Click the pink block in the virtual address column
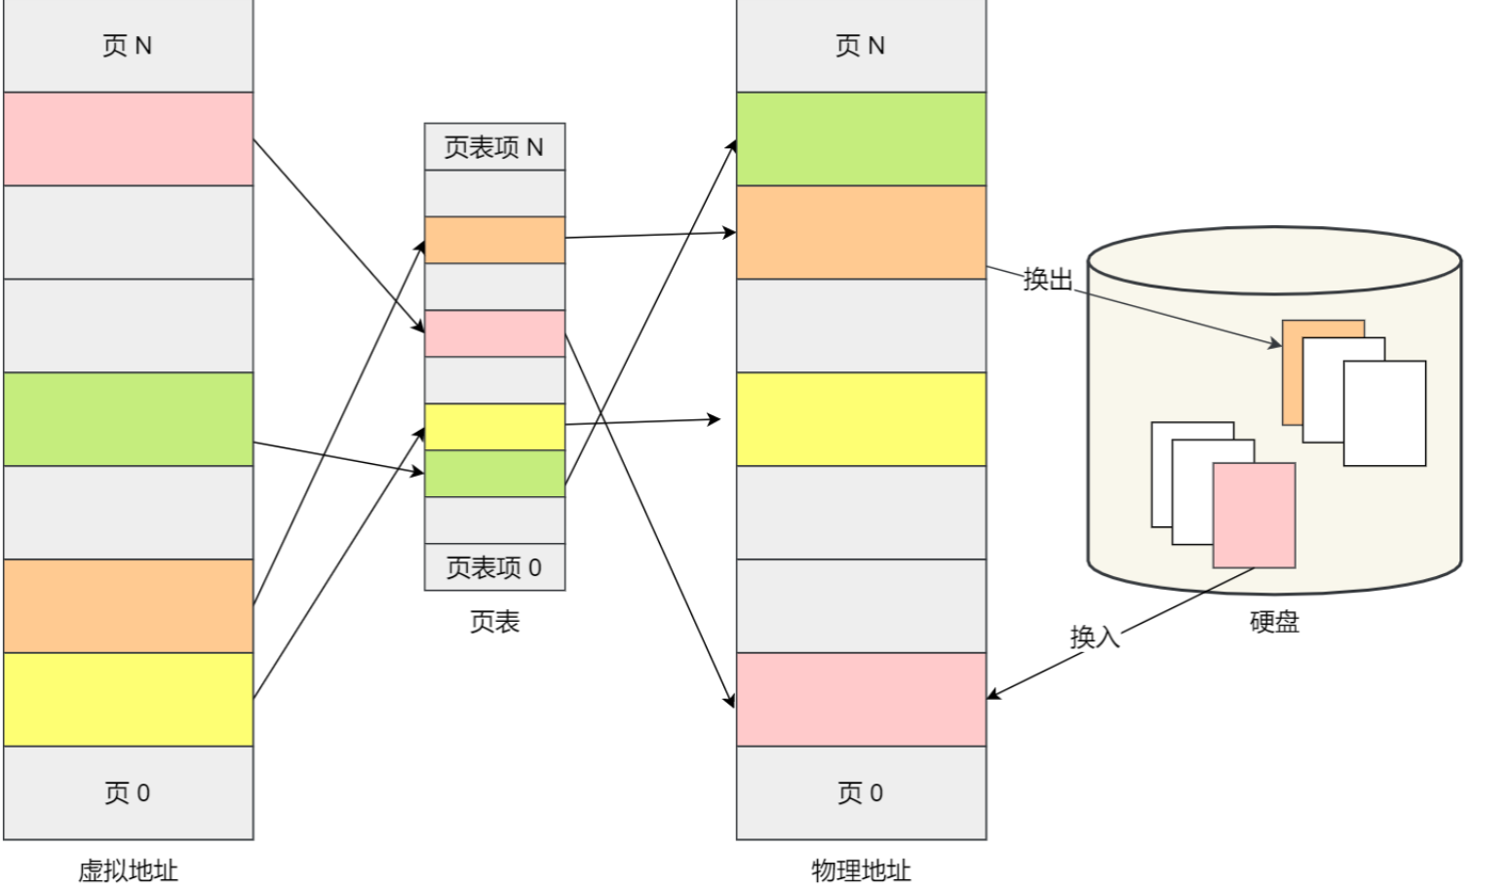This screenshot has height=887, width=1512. pyautogui.click(x=128, y=138)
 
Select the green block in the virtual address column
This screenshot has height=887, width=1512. pyautogui.click(x=128, y=419)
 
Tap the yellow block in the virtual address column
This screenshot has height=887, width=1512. pyautogui.click(x=128, y=699)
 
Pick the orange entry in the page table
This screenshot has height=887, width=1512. pyautogui.click(x=494, y=240)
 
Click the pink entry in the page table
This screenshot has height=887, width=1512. pyautogui.click(x=494, y=333)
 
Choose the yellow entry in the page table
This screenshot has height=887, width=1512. pyautogui.click(x=494, y=427)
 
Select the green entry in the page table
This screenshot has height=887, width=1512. pyautogui.click(x=494, y=474)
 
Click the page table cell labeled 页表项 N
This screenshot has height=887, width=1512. pyautogui.click(x=494, y=147)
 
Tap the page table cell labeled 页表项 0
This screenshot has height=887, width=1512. pyautogui.click(x=494, y=567)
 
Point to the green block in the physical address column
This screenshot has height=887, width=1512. pyautogui.click(x=861, y=138)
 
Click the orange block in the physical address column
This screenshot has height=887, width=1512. pyautogui.click(x=861, y=232)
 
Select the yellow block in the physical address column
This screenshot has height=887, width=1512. pyautogui.click(x=861, y=419)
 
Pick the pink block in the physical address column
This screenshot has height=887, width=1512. pyautogui.click(x=861, y=699)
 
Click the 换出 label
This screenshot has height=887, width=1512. pyautogui.click(x=1048, y=280)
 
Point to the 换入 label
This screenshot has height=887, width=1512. pyautogui.click(x=1094, y=637)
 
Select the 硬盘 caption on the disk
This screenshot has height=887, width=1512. pyautogui.click(x=1274, y=622)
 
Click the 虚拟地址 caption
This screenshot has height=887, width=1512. pyautogui.click(x=128, y=870)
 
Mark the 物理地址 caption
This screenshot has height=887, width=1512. pyautogui.click(x=861, y=870)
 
